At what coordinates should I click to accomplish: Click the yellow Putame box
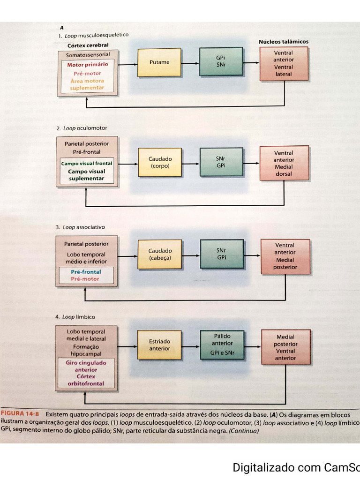click(x=159, y=62)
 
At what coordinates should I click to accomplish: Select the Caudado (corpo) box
click(x=160, y=162)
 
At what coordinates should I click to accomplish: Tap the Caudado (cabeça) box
click(x=160, y=255)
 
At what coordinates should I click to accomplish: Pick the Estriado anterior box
click(x=160, y=345)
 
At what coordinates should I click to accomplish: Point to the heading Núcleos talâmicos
click(x=284, y=42)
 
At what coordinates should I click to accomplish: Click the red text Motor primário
click(x=87, y=65)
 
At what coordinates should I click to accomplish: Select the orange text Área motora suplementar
click(x=87, y=84)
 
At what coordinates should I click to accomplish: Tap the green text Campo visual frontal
click(x=87, y=164)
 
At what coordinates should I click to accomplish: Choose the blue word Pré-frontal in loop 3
click(x=86, y=272)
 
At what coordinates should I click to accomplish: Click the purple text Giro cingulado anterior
click(x=87, y=366)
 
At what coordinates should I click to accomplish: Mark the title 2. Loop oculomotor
click(x=82, y=128)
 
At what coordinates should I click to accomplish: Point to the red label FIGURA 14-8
click(x=20, y=414)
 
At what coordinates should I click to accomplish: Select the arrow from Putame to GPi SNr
click(x=190, y=62)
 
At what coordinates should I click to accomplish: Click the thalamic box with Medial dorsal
click(x=284, y=163)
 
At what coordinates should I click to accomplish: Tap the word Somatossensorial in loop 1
click(x=88, y=55)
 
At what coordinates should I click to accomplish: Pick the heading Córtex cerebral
click(x=87, y=46)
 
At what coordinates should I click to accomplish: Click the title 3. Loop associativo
click(x=81, y=227)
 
